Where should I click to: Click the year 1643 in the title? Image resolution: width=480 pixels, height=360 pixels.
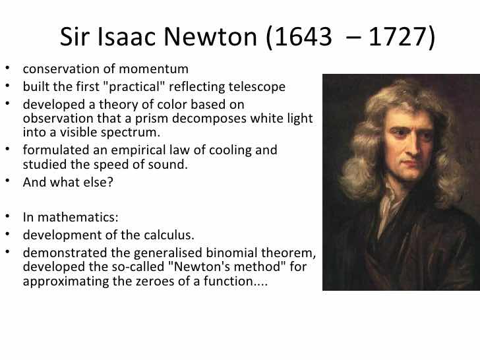pos(303,37)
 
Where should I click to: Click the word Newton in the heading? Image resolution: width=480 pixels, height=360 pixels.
pos(210,37)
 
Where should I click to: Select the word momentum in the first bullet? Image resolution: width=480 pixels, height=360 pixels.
pos(154,69)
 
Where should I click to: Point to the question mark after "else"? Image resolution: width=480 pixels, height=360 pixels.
pos(110,182)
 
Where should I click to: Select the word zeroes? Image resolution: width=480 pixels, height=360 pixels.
pos(156,282)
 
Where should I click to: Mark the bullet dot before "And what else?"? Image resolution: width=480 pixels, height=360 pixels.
pos(7,181)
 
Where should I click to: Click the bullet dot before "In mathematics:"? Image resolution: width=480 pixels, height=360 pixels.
pos(7,216)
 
